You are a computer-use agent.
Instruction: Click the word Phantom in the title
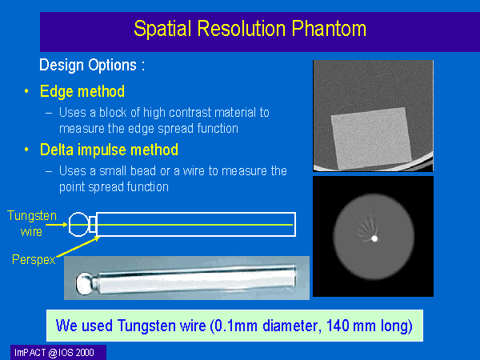(329, 29)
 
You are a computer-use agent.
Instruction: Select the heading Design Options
(92, 66)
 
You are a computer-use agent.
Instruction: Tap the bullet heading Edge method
(82, 91)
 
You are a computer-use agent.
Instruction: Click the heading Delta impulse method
(109, 150)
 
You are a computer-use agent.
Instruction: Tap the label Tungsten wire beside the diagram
(32, 223)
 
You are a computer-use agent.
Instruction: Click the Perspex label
(34, 259)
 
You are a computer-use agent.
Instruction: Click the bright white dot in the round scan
(374, 238)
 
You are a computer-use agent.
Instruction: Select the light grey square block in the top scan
(371, 138)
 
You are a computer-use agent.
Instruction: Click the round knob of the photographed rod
(83, 283)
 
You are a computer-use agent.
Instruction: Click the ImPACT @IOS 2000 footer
(54, 353)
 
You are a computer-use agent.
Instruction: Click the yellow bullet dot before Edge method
(26, 91)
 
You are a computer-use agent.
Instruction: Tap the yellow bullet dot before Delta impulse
(26, 150)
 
